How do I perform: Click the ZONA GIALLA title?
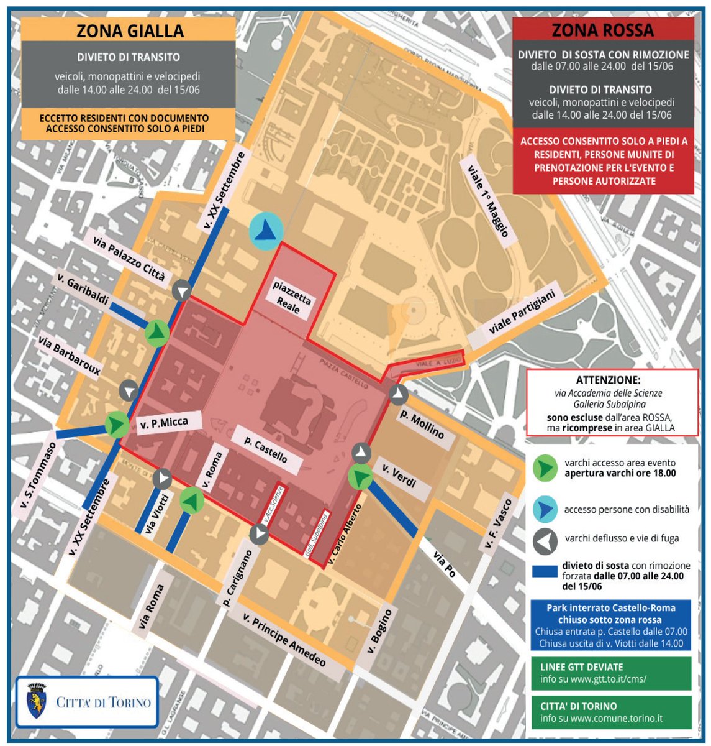click(130, 31)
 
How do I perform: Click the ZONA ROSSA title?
click(602, 30)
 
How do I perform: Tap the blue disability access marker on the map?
click(266, 231)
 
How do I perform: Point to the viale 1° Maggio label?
click(488, 197)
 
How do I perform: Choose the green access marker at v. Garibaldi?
click(157, 333)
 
